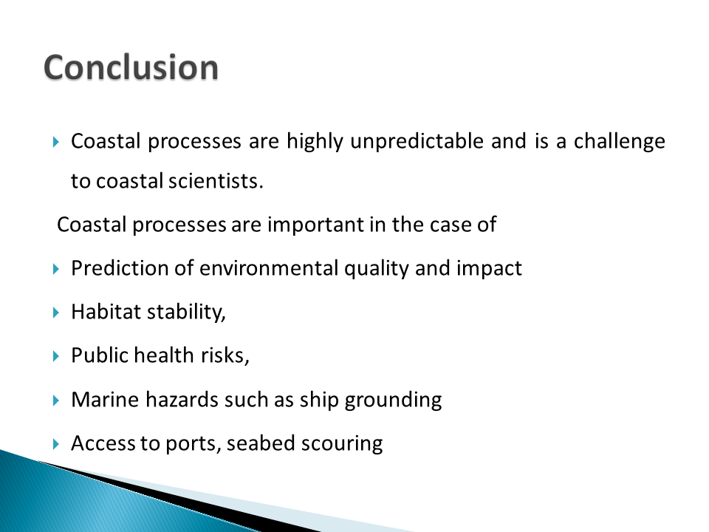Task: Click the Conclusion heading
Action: pos(131,67)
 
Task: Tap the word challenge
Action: pos(620,142)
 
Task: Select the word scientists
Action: pos(216,181)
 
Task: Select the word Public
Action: pos(100,355)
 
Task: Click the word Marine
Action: pos(105,400)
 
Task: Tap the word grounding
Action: pos(393,400)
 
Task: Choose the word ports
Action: pos(193,444)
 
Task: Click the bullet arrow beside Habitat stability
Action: pos(56,312)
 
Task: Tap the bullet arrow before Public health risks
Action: pos(56,356)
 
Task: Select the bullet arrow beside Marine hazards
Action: pos(56,400)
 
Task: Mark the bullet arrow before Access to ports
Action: pos(56,444)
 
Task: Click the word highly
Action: pos(315,142)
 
